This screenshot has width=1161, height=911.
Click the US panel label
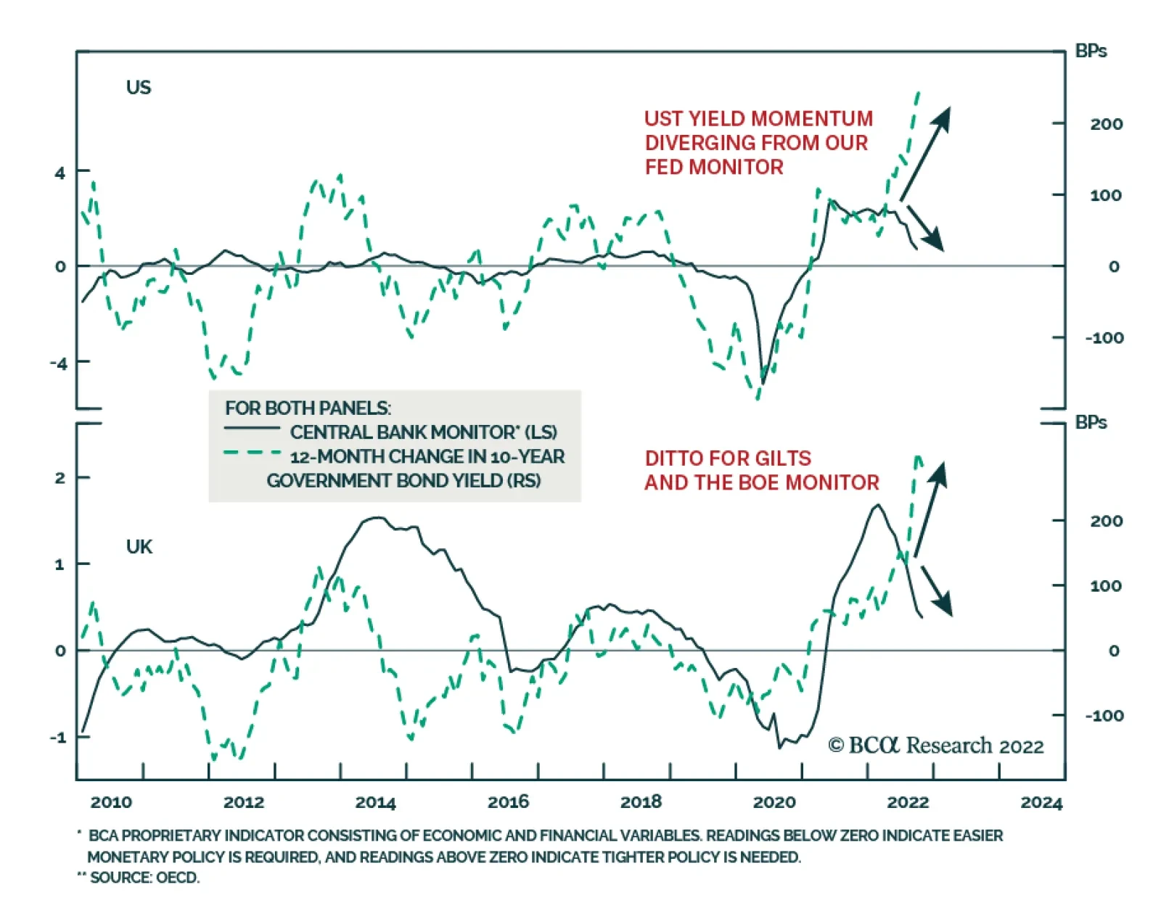pyautogui.click(x=139, y=88)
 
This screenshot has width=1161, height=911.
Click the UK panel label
pyautogui.click(x=139, y=547)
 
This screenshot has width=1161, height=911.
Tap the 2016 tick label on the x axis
pyautogui.click(x=508, y=802)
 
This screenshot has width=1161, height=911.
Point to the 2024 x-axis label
pyautogui.click(x=1041, y=802)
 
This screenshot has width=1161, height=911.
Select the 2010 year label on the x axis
pyautogui.click(x=111, y=802)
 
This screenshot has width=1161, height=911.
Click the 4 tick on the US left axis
pyautogui.click(x=60, y=173)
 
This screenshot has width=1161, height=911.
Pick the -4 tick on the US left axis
pyautogui.click(x=58, y=363)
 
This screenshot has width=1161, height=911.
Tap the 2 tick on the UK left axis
pyautogui.click(x=60, y=478)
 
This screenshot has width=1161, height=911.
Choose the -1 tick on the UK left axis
pyautogui.click(x=57, y=738)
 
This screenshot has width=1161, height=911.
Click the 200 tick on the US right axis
pyautogui.click(x=1106, y=124)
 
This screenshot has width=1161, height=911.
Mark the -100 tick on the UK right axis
pyautogui.click(x=1104, y=716)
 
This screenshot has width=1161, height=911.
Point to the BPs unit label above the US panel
pyautogui.click(x=1091, y=51)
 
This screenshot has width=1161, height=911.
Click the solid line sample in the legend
pyautogui.click(x=252, y=429)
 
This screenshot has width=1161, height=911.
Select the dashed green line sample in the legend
pyautogui.click(x=252, y=453)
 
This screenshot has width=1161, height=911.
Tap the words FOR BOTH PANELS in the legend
pyautogui.click(x=308, y=408)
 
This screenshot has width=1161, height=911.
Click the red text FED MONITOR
pyautogui.click(x=714, y=168)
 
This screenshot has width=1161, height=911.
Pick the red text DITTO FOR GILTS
pyautogui.click(x=728, y=458)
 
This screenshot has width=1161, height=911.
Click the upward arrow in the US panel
pyautogui.click(x=925, y=153)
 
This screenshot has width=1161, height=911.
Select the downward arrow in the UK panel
pyautogui.click(x=936, y=591)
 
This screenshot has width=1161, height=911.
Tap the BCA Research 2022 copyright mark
pyautogui.click(x=935, y=746)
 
